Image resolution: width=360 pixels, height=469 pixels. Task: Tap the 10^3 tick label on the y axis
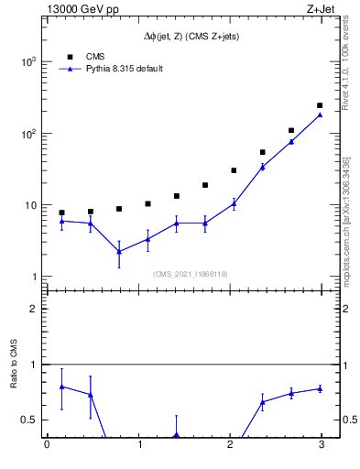click(x=27, y=61)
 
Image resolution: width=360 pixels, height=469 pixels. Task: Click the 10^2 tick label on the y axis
click(x=27, y=134)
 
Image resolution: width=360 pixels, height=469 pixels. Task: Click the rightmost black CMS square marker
click(x=320, y=105)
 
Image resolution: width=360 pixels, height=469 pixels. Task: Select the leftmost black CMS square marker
click(x=61, y=213)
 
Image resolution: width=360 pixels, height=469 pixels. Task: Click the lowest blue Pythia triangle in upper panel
click(x=119, y=251)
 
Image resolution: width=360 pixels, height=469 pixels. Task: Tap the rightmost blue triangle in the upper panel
click(x=320, y=115)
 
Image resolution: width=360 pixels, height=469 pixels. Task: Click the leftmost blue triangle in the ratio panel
click(x=61, y=387)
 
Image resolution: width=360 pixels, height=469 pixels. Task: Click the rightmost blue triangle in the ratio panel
click(x=320, y=388)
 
